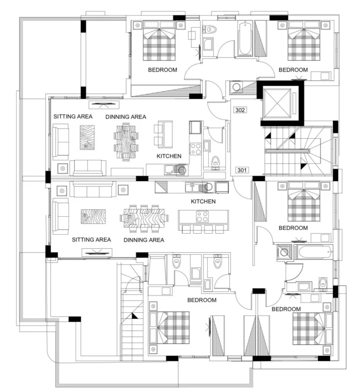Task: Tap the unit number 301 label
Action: (242, 170)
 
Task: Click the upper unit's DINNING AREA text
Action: (126, 117)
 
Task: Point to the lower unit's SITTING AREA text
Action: (91, 240)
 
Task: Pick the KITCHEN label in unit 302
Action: (169, 156)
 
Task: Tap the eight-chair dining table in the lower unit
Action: (144, 218)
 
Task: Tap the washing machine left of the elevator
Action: (236, 87)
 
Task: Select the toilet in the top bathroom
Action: (210, 29)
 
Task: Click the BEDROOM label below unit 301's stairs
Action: (293, 228)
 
